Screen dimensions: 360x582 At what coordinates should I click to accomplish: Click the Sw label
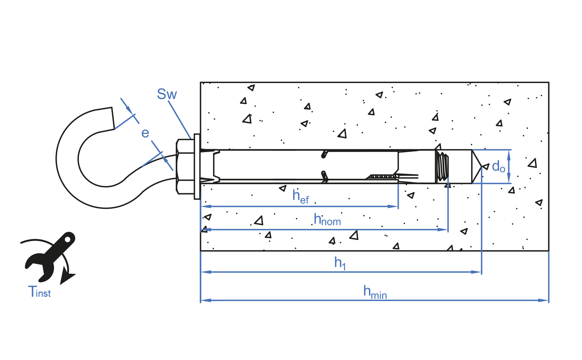[x=167, y=94]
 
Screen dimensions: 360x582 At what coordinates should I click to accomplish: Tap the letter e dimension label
[x=145, y=133]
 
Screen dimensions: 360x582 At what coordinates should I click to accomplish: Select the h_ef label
[x=301, y=196]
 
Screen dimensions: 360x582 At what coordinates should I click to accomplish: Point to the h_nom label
[x=327, y=220]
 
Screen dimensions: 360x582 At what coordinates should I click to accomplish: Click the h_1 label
[x=340, y=263]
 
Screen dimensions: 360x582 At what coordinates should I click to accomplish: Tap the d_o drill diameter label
[x=498, y=167]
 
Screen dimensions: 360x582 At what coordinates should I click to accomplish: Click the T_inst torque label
[x=39, y=292]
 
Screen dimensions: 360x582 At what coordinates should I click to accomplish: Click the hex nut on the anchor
[x=185, y=167]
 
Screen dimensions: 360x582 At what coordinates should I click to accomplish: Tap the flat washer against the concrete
[x=197, y=166]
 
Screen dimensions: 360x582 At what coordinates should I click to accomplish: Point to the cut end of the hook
[x=113, y=118]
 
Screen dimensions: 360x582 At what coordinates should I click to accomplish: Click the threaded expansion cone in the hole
[x=442, y=166]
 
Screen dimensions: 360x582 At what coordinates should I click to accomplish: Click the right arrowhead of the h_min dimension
[x=544, y=300]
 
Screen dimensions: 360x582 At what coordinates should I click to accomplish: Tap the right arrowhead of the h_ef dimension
[x=393, y=206]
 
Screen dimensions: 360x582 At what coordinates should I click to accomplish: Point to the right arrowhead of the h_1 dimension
[x=477, y=272]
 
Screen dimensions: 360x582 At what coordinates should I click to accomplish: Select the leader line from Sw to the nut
[x=179, y=120]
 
